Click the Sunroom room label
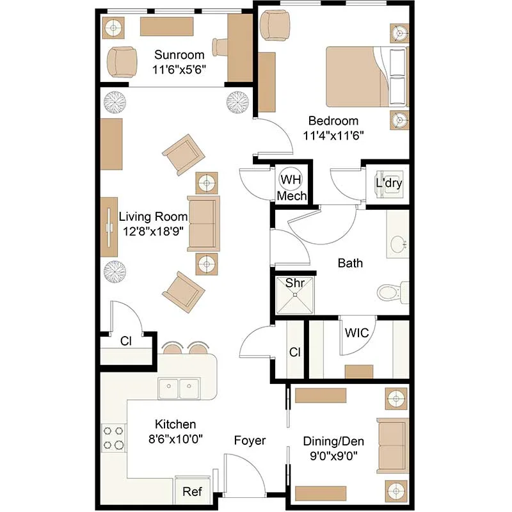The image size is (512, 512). pos(179,55)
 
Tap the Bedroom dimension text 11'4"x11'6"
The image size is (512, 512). pos(333,135)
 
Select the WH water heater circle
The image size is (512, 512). pos(291,179)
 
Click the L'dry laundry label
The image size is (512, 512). pos(388,183)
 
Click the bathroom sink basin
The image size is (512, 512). pos(398,244)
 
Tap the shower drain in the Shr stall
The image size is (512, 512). pos(295,294)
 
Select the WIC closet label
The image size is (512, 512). pos(356,333)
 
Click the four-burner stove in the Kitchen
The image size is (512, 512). pos(114,438)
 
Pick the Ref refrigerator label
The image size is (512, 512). pos(192,492)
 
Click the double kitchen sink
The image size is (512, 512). pos(179,388)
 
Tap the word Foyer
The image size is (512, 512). pos(250,440)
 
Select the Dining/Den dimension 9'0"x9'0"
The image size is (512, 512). pos(333,456)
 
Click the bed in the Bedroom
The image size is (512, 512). pos(367,76)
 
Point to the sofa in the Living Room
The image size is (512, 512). pos(204,223)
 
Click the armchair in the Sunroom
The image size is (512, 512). pos(122,62)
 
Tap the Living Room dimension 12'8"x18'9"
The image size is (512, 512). pos(153,232)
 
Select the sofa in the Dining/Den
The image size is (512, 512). pos(393,445)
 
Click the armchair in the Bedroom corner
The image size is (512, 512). pos(275,26)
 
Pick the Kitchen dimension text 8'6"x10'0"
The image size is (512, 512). pos(175,439)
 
